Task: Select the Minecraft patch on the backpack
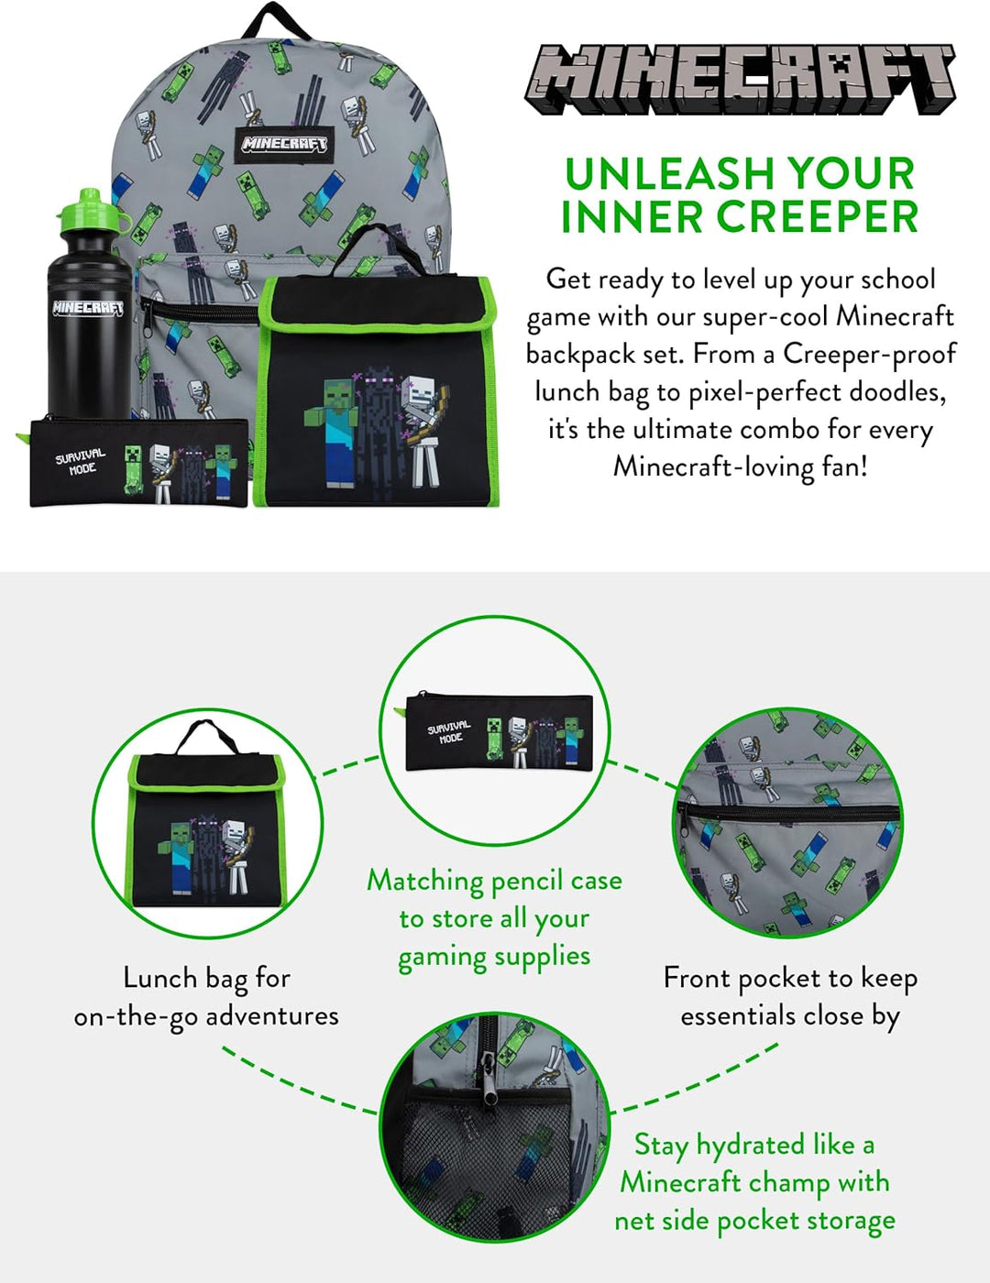pos(284,144)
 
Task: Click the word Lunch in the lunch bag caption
pos(159,979)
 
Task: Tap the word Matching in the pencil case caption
pos(425,881)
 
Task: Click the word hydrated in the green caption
pos(750,1146)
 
